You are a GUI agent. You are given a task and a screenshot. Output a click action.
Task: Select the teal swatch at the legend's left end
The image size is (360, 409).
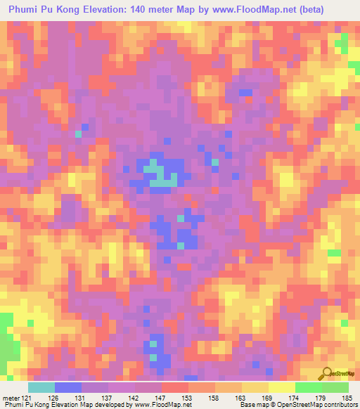tap(41, 387)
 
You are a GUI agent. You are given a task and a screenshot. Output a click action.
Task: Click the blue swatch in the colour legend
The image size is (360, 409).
tap(68, 387)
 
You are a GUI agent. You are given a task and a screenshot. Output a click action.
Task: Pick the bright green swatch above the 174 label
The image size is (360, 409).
tap(309, 387)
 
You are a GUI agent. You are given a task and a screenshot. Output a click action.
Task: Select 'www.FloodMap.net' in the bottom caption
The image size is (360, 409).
tap(162, 405)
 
